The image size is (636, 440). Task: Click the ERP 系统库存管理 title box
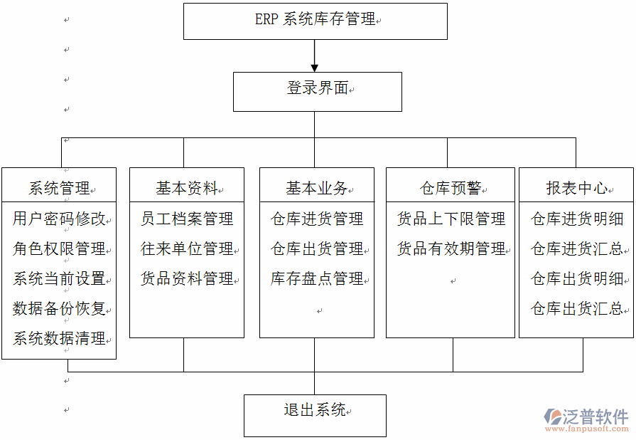(315, 21)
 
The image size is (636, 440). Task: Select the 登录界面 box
(317, 90)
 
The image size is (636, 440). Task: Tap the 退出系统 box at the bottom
(315, 414)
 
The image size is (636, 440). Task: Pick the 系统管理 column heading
(59, 188)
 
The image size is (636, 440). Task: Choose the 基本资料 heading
(187, 188)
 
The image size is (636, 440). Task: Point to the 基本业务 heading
(317, 188)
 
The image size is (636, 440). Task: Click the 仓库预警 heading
(451, 188)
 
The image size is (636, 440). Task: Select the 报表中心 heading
(576, 188)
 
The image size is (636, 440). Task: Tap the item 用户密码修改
(59, 219)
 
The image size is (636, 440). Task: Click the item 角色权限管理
(59, 248)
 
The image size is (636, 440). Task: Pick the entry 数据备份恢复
(59, 308)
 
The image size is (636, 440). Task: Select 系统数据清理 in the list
(59, 338)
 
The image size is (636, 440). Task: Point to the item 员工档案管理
(187, 219)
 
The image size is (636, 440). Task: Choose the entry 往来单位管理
(187, 248)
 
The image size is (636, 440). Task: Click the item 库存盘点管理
(317, 278)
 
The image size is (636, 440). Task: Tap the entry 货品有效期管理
(451, 248)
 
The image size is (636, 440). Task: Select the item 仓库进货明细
(577, 219)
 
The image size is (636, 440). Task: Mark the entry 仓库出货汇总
(577, 308)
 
